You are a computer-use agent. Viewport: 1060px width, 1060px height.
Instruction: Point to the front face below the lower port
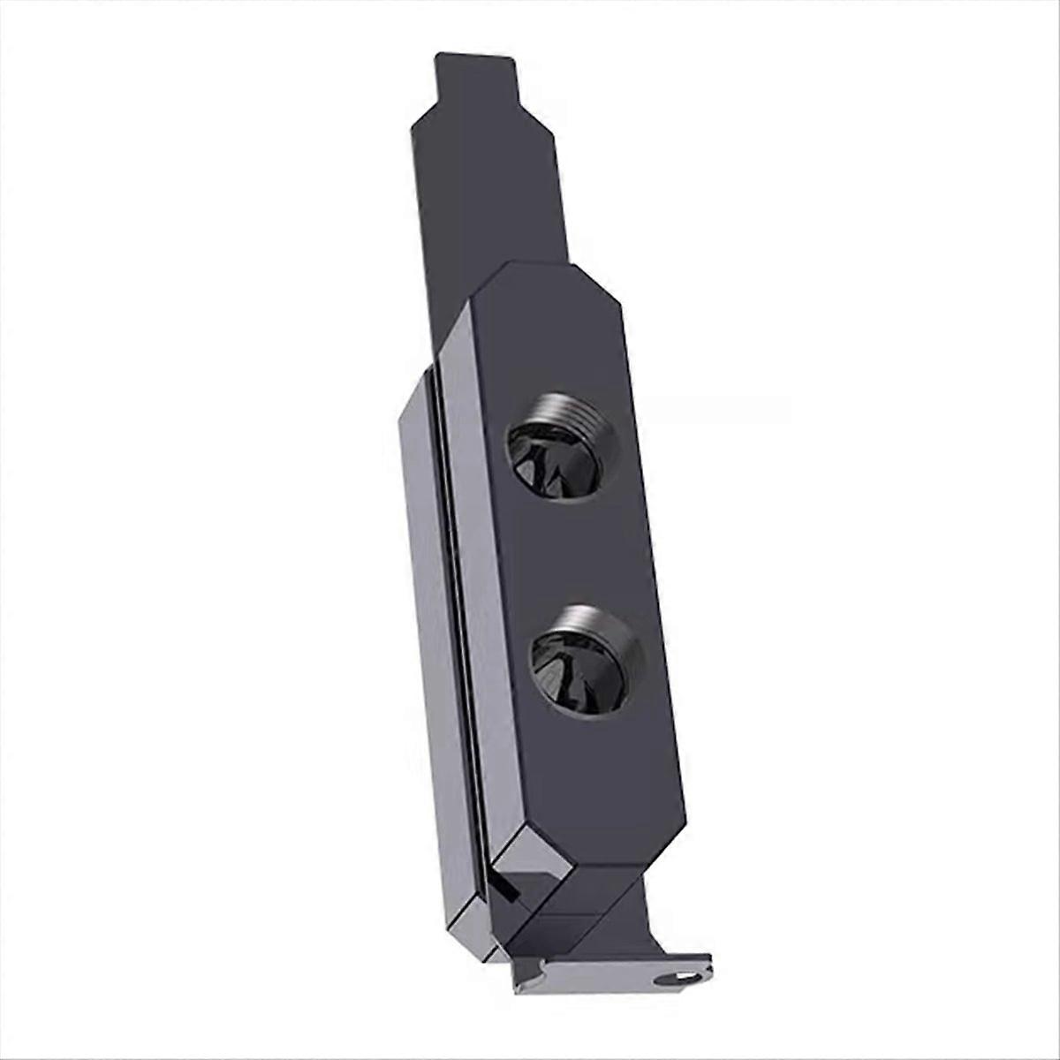coord(601,777)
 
